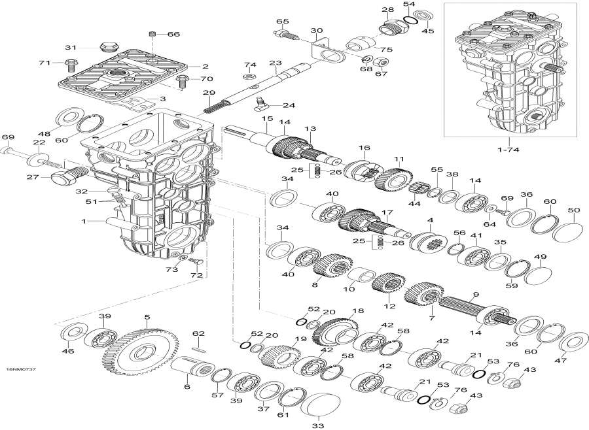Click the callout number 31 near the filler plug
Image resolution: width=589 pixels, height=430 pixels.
point(70,47)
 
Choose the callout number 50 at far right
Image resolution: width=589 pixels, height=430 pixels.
point(574,210)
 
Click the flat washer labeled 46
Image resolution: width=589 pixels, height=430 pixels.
point(69,333)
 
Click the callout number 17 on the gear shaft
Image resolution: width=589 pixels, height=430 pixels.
point(387,213)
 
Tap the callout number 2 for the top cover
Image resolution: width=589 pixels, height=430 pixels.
point(205,66)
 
